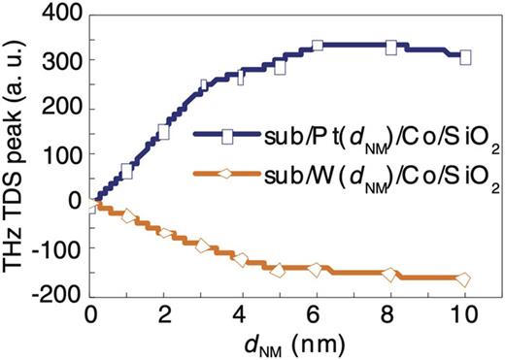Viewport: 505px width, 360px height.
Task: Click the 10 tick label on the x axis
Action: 464,314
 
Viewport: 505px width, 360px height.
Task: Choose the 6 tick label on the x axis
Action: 316,314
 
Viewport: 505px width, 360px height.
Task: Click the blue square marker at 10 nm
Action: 465,57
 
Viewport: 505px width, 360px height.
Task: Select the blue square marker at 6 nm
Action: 317,47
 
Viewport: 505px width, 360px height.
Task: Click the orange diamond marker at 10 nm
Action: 464,280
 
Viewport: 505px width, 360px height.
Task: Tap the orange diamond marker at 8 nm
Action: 390,276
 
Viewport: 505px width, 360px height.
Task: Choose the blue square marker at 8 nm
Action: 390,48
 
